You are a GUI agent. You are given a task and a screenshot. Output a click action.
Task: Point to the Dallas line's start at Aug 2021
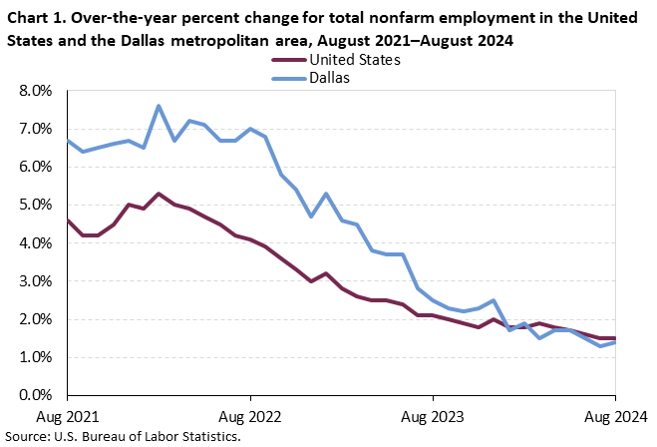point(67,141)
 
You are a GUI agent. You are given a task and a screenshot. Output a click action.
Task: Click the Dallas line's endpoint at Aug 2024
point(615,342)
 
